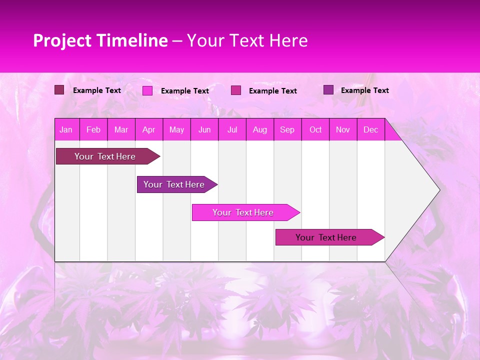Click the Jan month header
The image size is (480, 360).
66,130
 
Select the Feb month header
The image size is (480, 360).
93,130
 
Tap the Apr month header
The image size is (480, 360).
149,130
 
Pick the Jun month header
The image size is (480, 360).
204,130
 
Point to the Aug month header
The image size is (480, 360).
260,130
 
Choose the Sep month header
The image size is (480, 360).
287,130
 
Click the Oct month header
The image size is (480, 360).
315,130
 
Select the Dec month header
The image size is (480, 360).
371,130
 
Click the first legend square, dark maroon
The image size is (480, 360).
59,90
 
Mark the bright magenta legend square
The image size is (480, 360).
147,90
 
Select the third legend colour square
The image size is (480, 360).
236,90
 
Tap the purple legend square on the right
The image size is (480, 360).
328,90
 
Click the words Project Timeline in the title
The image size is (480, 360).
100,40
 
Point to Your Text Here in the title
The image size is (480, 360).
247,40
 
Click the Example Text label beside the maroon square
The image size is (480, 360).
97,90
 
